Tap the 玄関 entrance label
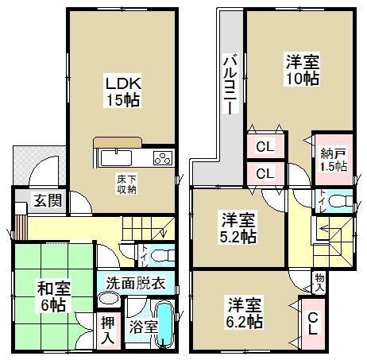[44, 199]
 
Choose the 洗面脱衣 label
[136, 282]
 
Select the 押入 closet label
[109, 329]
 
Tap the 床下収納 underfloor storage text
[126, 183]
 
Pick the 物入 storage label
[319, 283]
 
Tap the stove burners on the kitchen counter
[162, 157]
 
